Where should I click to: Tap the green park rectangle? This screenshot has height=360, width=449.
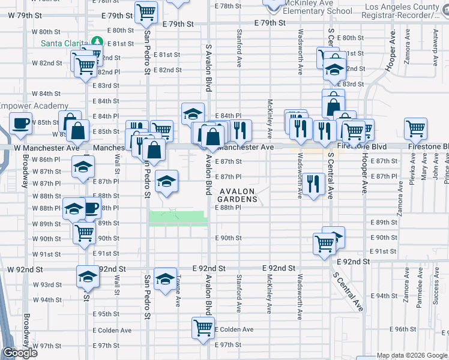[x=178, y=218]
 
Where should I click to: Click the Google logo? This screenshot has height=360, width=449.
[x=19, y=353]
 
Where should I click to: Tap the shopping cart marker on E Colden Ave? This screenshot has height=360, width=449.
[x=203, y=328]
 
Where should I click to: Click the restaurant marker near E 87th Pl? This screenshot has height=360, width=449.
[x=313, y=183]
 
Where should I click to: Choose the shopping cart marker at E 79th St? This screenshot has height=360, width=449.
[x=146, y=11]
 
